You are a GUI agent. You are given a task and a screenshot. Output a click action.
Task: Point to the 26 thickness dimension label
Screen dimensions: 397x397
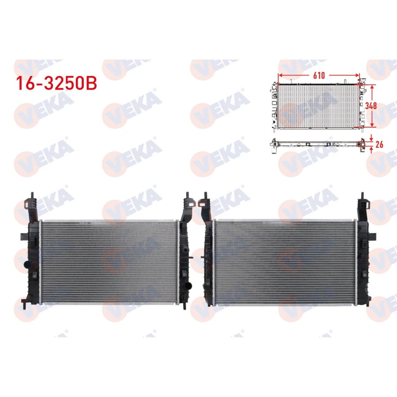(379, 144)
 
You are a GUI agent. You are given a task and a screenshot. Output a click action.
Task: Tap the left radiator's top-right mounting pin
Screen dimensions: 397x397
(187, 195)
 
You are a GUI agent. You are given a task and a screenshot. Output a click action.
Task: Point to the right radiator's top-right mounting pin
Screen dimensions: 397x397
(362, 195)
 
